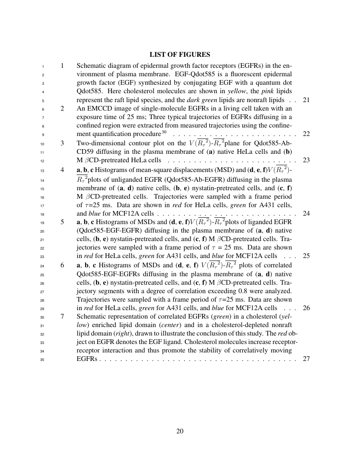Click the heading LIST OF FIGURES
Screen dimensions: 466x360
point(180,55)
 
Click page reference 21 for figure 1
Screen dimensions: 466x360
point(307,100)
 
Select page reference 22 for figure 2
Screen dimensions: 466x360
point(307,134)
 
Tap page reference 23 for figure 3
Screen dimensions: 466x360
point(307,160)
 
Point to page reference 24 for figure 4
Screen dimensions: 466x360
point(307,213)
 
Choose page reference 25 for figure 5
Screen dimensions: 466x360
point(307,256)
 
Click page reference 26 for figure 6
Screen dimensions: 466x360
point(307,308)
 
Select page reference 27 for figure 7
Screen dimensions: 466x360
point(307,359)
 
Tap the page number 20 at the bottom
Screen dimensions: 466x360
point(180,431)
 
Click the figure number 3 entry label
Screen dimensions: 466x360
point(62,143)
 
